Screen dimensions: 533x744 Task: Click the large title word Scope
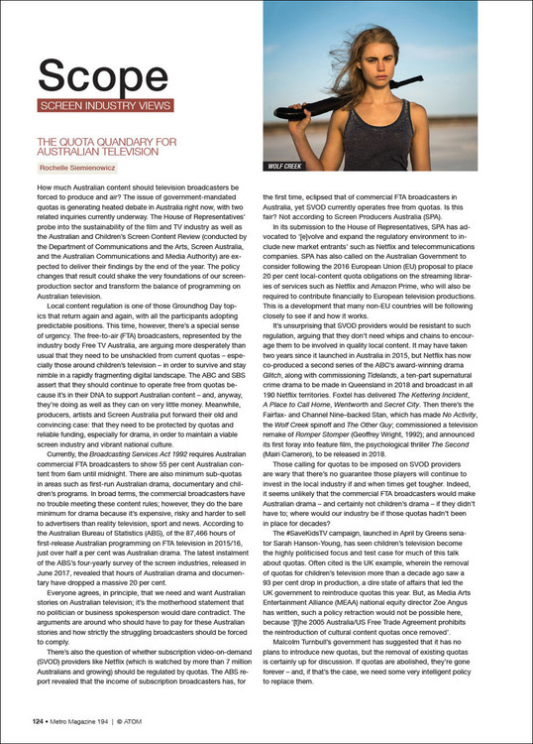105,74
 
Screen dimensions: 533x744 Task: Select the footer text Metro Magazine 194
87,722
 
